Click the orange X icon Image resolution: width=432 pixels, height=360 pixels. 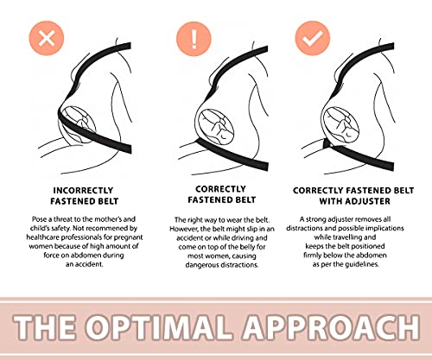(47, 38)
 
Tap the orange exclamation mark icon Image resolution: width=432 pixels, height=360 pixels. (194, 39)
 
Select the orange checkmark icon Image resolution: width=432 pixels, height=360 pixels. (313, 38)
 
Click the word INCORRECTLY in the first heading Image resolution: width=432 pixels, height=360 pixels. (83, 191)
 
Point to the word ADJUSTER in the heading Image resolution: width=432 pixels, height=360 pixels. (368, 201)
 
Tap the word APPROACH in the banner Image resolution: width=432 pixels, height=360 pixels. (331, 327)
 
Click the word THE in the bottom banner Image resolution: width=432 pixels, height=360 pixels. (45, 327)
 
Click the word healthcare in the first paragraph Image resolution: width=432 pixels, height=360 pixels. (41, 237)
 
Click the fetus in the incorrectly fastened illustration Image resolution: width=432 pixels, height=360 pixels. (79, 123)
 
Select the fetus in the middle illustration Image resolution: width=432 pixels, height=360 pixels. (216, 127)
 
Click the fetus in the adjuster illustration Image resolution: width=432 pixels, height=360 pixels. (341, 124)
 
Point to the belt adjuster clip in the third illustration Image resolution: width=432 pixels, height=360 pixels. (327, 143)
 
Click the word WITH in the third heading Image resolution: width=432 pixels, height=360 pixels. (331, 201)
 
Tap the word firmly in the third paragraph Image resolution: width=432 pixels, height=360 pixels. (312, 256)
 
